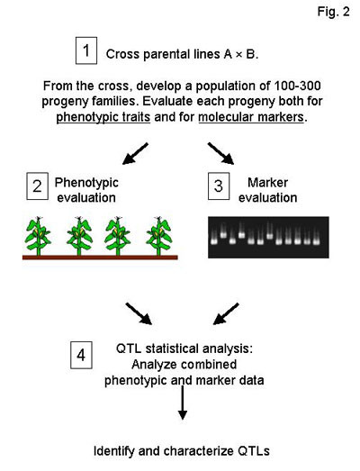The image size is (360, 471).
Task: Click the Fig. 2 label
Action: pos(334,12)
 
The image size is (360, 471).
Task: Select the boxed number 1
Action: pos(86,50)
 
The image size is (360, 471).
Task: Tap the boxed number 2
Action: pos(37,186)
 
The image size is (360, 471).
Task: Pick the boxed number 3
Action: pos(219,186)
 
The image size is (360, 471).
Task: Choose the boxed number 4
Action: pos(81,355)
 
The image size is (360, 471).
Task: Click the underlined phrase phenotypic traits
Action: pos(103,117)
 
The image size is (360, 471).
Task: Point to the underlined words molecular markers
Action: pos(251,117)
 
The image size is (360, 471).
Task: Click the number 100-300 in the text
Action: pos(297,86)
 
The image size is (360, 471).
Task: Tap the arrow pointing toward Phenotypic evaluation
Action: pos(135,153)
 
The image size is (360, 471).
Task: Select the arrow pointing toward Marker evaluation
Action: pos(220,153)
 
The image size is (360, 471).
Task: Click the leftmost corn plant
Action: pos(38,236)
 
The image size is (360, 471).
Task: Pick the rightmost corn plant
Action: pos(158,236)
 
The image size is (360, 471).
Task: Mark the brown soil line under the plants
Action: pos(100,258)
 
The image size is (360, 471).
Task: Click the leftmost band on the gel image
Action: pos(214,241)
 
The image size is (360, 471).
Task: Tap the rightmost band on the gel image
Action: pos(316,241)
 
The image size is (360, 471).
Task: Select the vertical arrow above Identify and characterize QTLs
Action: pos(183,403)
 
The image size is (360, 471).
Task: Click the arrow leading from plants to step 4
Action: pos(139,313)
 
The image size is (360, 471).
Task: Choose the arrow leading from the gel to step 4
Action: pos(226,313)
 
